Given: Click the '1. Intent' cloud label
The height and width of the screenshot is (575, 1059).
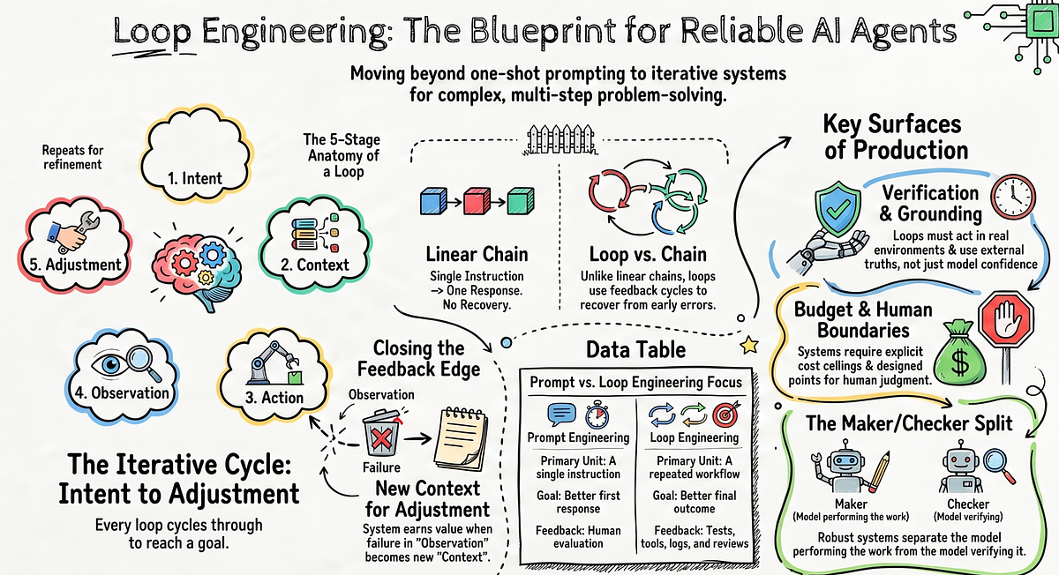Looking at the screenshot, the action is click(195, 179).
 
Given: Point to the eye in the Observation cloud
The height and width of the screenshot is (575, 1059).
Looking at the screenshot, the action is click(110, 363).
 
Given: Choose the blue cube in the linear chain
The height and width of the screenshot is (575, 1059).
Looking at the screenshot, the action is click(433, 201).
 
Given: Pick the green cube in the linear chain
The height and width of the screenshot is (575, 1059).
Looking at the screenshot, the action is click(521, 201).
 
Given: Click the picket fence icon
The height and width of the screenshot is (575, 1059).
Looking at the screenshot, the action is click(560, 139).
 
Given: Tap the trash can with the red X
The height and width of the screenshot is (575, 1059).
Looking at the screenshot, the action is click(380, 433).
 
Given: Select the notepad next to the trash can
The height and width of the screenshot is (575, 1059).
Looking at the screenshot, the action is click(461, 438).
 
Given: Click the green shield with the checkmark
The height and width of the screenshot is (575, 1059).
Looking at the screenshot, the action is click(837, 208).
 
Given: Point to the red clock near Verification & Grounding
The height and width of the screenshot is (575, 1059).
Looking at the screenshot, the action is click(1013, 197).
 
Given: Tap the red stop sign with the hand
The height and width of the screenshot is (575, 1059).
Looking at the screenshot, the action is click(1006, 320).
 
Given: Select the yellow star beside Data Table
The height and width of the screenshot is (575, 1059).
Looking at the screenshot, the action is click(749, 346).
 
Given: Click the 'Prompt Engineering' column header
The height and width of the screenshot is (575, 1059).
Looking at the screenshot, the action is click(578, 437).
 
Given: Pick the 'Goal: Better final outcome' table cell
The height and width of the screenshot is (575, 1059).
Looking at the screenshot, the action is click(695, 502).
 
